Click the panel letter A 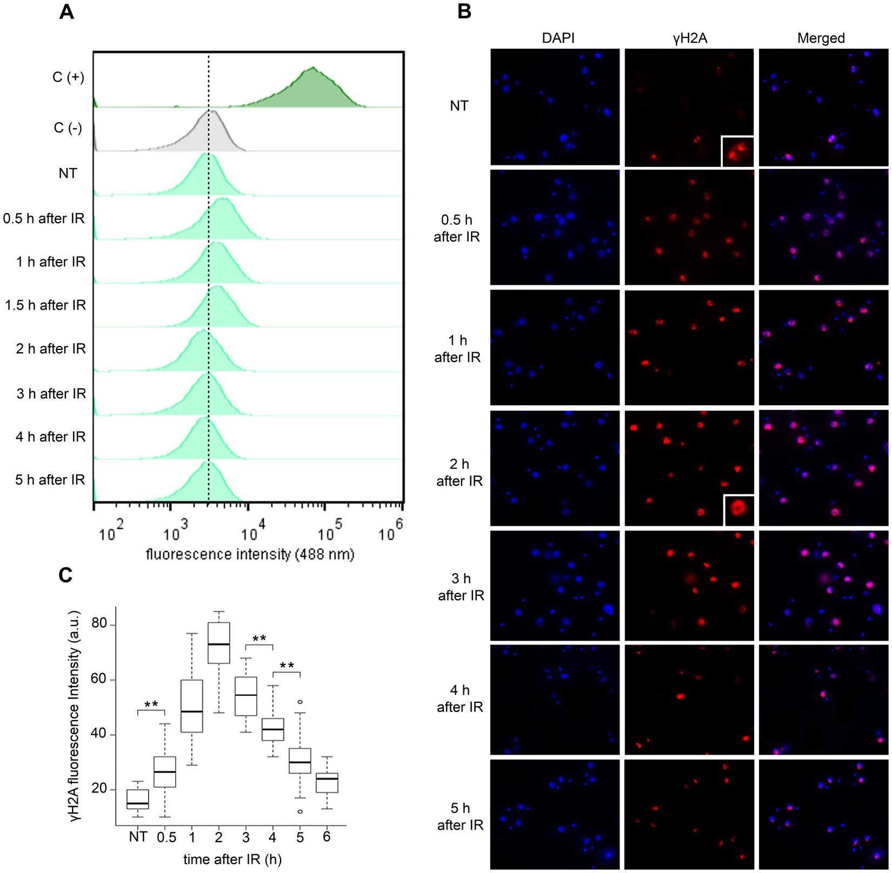[66, 12]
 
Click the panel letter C [65, 576]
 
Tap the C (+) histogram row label [68, 77]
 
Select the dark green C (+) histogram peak [312, 86]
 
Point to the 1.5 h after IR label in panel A [45, 305]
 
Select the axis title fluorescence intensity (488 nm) [250, 554]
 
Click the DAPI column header [558, 38]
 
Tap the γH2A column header [690, 38]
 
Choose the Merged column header [821, 38]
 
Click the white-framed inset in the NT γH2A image [737, 152]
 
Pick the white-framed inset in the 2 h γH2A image [738, 510]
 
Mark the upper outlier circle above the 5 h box [300, 702]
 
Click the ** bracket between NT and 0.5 [151, 708]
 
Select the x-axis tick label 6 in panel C [327, 837]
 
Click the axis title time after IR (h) [232, 859]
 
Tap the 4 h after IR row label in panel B [460, 699]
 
